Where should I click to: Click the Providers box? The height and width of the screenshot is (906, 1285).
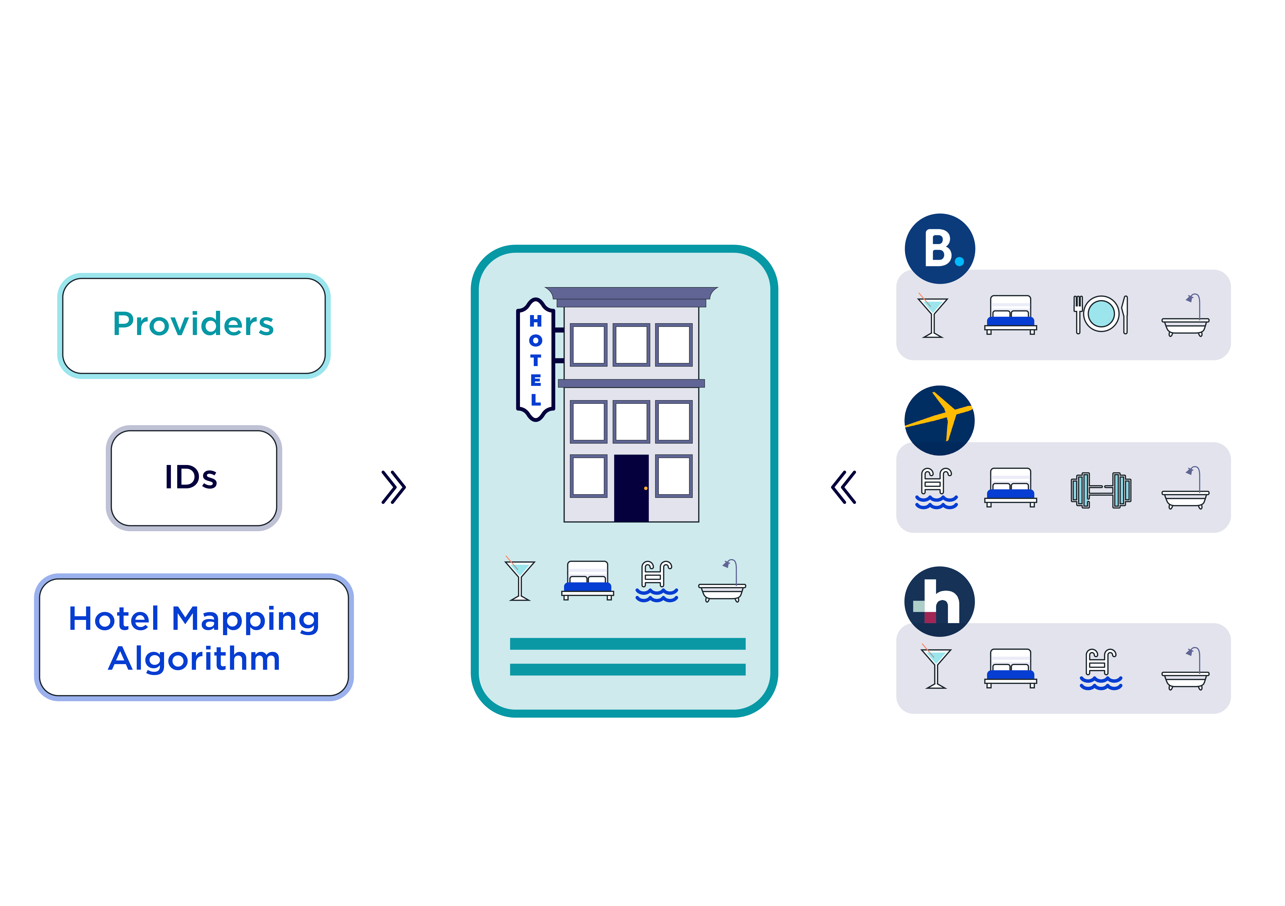coord(194,326)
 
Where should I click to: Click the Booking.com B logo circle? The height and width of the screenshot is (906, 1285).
coord(940,248)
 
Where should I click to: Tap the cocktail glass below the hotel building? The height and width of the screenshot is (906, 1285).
coord(520,580)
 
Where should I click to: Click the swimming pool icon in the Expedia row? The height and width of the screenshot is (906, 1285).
coord(936,488)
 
